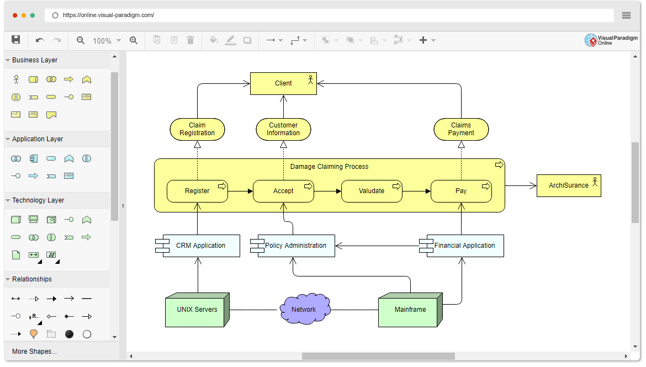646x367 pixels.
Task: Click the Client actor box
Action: pos(283,83)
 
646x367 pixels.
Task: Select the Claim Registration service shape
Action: pos(197,129)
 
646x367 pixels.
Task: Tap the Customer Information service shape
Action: pos(283,129)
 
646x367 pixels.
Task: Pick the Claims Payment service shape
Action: pos(461,129)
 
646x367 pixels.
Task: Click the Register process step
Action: pos(197,191)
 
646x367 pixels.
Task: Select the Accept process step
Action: pos(283,191)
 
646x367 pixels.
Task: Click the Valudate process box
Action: pos(372,191)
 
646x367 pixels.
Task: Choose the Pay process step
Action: pos(461,191)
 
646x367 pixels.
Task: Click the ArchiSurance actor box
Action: pos(569,185)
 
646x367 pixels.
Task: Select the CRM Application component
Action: pos(200,246)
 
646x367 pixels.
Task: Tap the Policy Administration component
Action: pos(295,246)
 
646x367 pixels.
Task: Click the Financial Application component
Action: pos(464,246)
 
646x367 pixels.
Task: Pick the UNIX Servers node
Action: pos(197,310)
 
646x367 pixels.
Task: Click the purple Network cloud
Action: pos(304,310)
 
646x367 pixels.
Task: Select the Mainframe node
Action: pos(410,310)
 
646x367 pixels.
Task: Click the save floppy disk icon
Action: pos(16,40)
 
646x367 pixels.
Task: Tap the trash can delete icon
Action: pos(190,40)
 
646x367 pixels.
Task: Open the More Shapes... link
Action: pos(34,352)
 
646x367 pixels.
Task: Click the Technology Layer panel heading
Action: pos(38,200)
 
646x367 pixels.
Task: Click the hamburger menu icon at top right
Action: pos(626,15)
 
